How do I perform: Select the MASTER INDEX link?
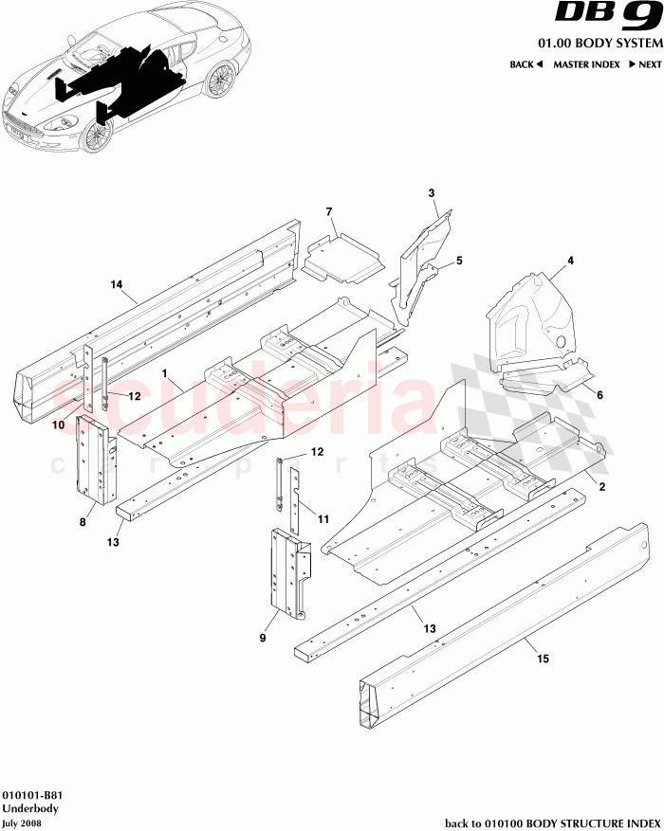[x=586, y=64]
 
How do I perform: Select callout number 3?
[x=432, y=193]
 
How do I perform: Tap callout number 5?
[x=458, y=260]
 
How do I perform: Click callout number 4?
[x=571, y=259]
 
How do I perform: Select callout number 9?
[x=263, y=639]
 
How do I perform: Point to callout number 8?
[x=83, y=521]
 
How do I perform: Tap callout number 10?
[x=58, y=425]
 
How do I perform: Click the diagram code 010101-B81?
[x=33, y=796]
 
